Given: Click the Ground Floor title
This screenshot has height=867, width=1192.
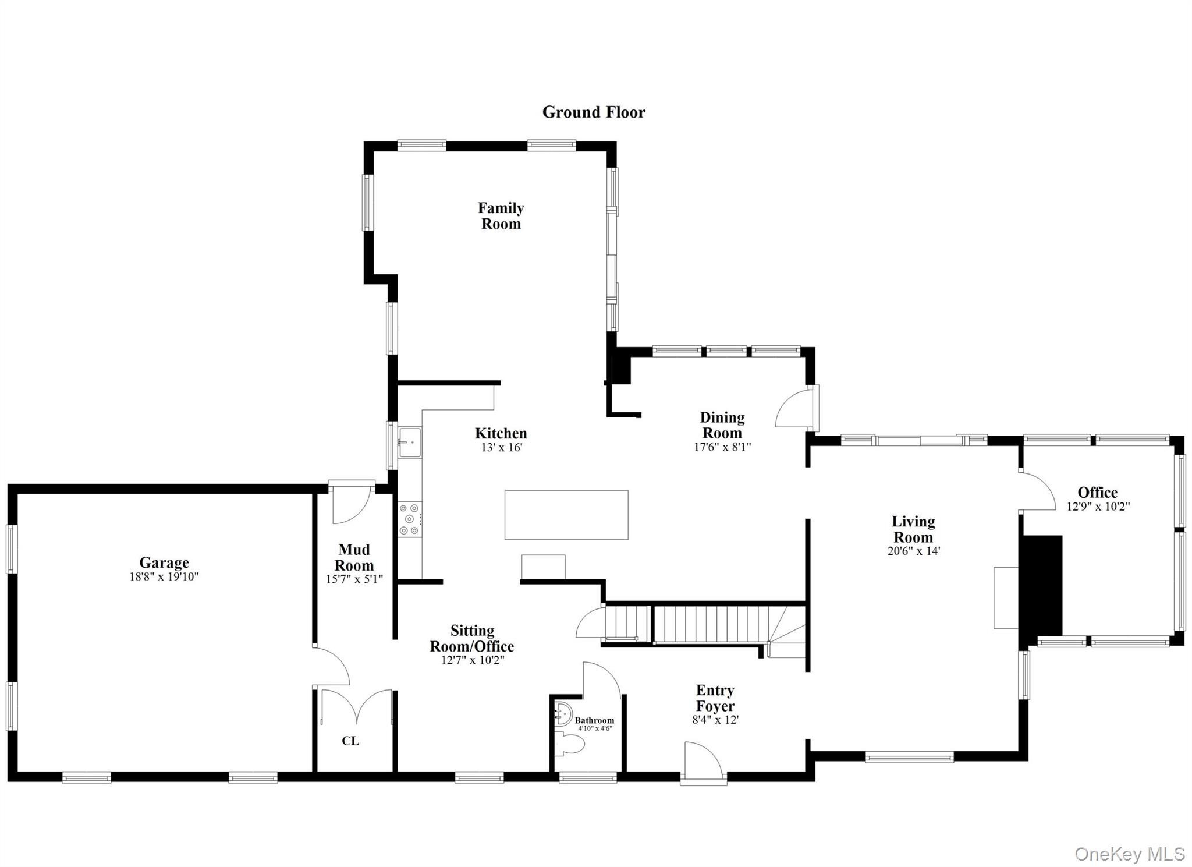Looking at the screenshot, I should point(594,112).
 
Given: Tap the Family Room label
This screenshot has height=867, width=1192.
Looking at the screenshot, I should point(501,216).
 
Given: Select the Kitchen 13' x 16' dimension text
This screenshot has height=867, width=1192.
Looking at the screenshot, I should point(501,448).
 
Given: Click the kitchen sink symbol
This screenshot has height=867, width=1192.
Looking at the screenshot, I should point(410,442).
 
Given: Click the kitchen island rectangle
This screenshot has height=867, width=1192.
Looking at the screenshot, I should point(566,515).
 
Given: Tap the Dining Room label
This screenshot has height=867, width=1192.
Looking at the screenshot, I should point(722,425).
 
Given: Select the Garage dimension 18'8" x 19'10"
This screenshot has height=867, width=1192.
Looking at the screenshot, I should point(164,577).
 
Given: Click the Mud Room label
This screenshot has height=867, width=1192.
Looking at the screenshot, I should point(354,557).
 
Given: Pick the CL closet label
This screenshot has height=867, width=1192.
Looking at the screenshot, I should point(350,741).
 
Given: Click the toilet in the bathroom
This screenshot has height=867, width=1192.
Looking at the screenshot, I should point(570,744).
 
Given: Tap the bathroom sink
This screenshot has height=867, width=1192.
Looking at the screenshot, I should point(563,714).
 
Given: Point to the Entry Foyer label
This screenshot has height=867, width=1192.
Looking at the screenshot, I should point(715,698).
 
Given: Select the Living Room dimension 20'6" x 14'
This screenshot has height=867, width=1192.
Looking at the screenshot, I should point(913,551).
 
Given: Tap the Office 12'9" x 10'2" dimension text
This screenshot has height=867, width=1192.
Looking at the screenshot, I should point(1098,507).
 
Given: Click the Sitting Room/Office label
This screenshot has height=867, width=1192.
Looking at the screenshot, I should point(472,638).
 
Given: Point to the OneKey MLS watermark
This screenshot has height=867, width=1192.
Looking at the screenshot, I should point(1129,854).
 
